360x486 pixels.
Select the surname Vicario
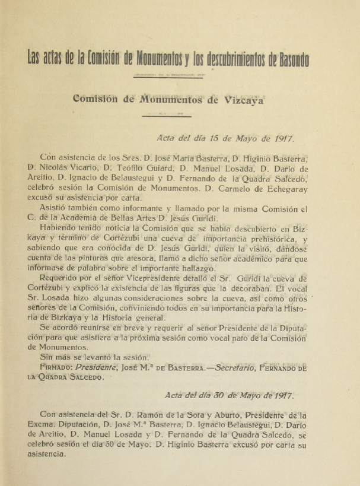tap(87, 167)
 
